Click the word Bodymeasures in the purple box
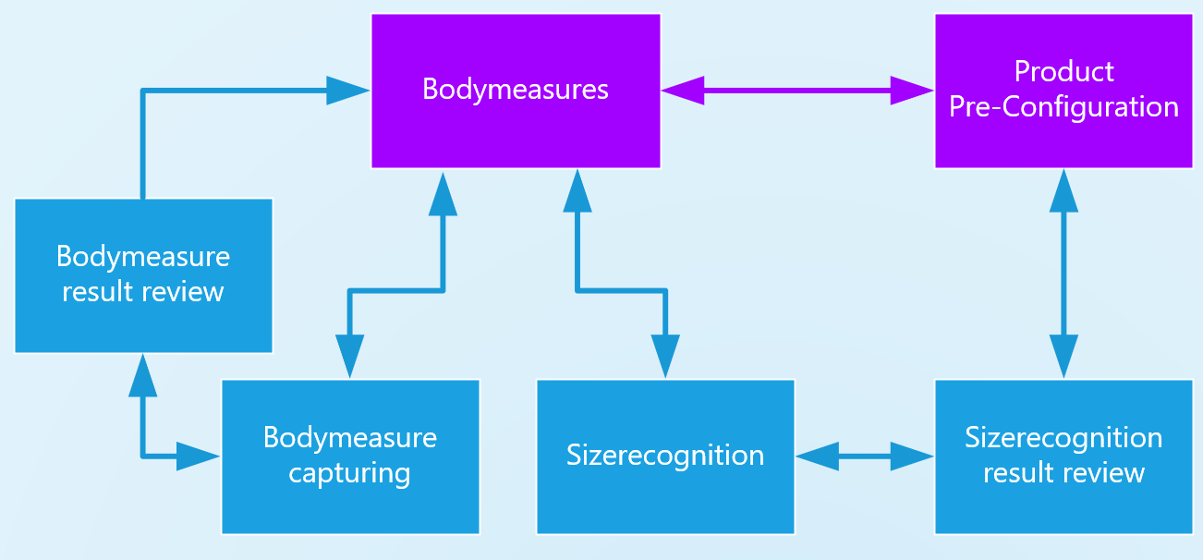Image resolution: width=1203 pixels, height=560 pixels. [516, 89]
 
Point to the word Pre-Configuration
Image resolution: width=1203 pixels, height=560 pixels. [1063, 106]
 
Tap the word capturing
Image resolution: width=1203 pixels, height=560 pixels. [349, 473]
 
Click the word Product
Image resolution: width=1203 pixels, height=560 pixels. [1063, 71]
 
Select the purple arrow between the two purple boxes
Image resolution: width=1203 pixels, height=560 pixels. [797, 90]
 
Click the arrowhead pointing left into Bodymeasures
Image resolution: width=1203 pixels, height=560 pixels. [682, 90]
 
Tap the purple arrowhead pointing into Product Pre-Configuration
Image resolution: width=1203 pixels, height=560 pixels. [913, 90]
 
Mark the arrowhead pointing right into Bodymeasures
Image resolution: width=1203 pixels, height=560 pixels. [348, 90]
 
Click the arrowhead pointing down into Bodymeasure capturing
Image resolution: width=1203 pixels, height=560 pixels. [349, 357]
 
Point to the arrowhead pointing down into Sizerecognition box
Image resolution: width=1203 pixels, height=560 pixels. [665, 357]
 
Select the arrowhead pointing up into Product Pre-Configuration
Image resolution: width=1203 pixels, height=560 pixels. [1063, 190]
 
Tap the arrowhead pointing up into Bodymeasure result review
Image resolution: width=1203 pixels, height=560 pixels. [142, 374]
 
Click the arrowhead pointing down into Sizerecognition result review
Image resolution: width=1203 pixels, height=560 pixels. [1063, 357]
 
